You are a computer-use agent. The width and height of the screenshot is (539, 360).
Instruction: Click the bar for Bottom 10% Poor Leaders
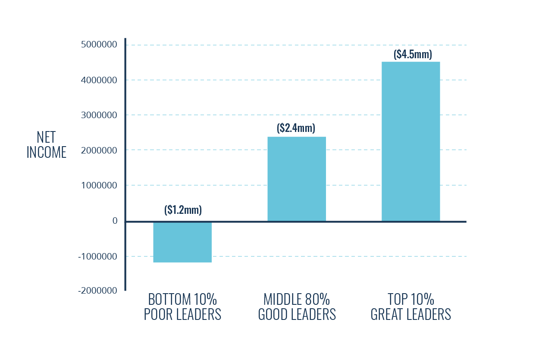182,242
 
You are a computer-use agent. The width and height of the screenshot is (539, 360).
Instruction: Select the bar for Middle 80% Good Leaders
297,179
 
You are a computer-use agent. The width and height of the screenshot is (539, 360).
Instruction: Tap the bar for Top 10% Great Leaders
411,141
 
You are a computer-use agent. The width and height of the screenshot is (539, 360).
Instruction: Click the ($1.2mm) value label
183,210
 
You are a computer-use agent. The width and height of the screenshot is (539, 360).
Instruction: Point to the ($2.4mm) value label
296,128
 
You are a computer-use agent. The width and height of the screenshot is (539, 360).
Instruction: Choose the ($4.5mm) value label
413,54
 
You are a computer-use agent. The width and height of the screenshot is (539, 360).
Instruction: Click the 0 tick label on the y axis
115,221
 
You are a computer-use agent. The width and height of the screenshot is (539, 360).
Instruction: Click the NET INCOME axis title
47,145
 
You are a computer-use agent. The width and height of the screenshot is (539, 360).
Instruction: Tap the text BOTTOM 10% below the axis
182,299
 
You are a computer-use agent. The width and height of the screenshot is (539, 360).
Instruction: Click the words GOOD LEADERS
297,315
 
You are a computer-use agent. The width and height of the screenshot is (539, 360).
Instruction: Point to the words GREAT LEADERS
411,315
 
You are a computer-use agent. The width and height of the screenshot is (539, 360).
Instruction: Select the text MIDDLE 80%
297,299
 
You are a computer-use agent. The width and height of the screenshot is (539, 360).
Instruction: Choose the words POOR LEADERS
182,315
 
